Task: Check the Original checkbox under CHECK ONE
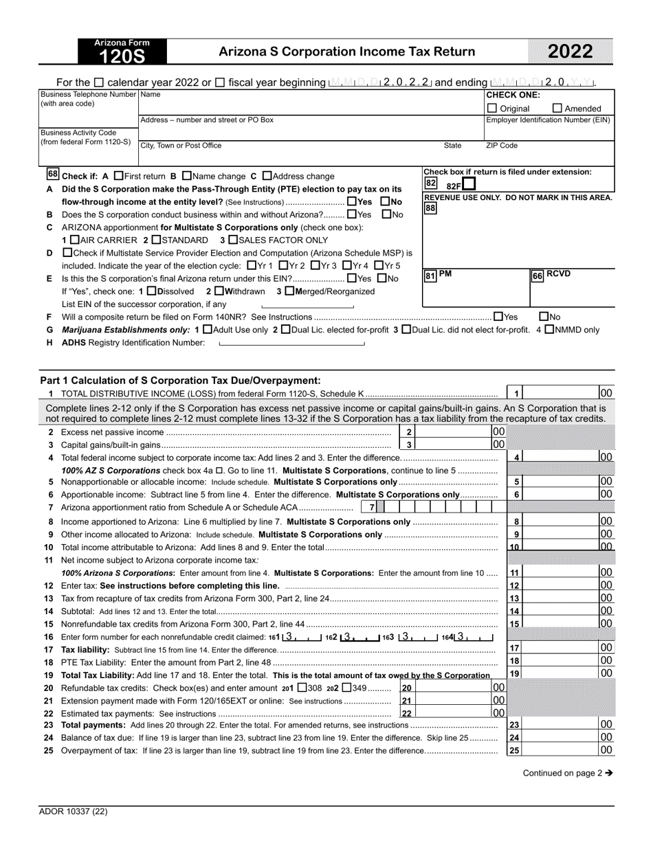tap(492, 108)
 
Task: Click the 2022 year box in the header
tap(570, 52)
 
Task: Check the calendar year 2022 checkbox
tap(98, 82)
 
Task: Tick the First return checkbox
tap(118, 176)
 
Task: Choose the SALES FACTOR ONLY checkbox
tap(233, 240)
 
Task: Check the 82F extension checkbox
tap(469, 184)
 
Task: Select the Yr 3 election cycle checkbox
tap(315, 265)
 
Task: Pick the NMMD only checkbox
tap(549, 329)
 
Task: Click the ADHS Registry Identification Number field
tap(291, 343)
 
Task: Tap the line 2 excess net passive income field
tap(453, 431)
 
